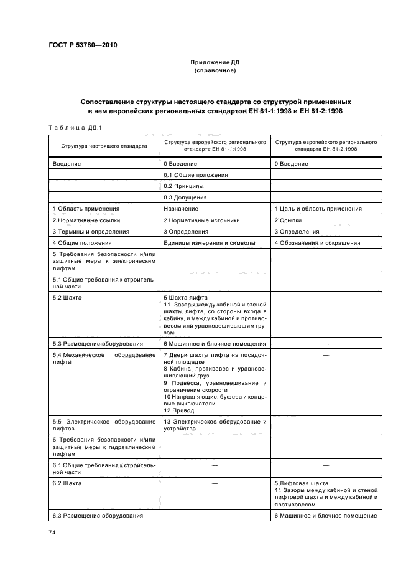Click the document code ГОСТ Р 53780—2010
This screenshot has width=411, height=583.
click(x=82, y=45)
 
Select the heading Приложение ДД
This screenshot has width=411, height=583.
click(x=215, y=62)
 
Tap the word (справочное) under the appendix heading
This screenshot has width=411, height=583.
click(x=215, y=70)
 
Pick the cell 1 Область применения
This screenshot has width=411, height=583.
click(x=86, y=209)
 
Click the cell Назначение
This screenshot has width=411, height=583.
click(x=181, y=209)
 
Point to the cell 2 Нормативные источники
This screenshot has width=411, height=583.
click(x=201, y=220)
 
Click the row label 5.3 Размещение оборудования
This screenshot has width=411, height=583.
click(x=98, y=343)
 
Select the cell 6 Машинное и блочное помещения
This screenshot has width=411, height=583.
click(x=215, y=343)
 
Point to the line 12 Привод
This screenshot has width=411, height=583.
click(x=179, y=410)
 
